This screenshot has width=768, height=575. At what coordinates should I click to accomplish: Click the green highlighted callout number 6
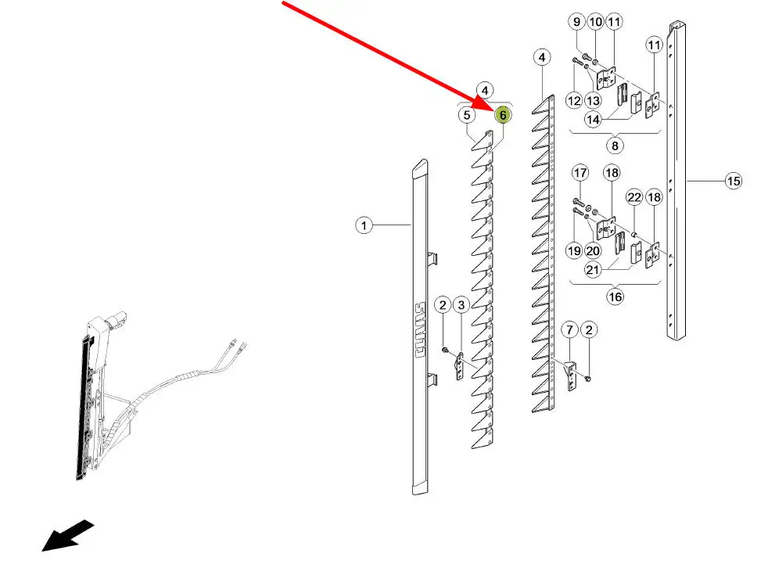(503, 116)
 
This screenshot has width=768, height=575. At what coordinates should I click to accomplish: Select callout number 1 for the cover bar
(364, 226)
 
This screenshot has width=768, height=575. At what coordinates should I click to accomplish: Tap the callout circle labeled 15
(734, 181)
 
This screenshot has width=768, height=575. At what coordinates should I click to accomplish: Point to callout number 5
(467, 115)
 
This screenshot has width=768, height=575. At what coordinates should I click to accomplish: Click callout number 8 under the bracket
(615, 146)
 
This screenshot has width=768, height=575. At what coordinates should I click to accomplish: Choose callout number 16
(615, 296)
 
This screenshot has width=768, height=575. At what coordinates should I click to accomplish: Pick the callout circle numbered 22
(634, 197)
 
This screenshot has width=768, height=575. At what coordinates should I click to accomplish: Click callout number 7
(569, 329)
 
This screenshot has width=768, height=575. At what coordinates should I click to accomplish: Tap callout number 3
(461, 305)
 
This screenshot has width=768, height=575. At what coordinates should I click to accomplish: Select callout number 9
(577, 22)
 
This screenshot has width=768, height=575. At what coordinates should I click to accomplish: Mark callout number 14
(593, 120)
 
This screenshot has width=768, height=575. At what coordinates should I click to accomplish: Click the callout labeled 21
(593, 269)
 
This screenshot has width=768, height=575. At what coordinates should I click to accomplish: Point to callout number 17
(580, 173)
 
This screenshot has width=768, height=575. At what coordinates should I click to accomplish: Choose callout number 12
(573, 101)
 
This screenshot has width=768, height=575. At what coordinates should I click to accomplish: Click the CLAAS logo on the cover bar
(420, 330)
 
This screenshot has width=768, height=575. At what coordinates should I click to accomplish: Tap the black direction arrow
(67, 535)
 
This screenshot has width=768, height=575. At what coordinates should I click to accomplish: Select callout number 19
(573, 251)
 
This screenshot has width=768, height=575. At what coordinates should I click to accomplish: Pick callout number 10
(596, 22)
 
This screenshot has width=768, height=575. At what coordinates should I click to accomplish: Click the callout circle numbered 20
(593, 251)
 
